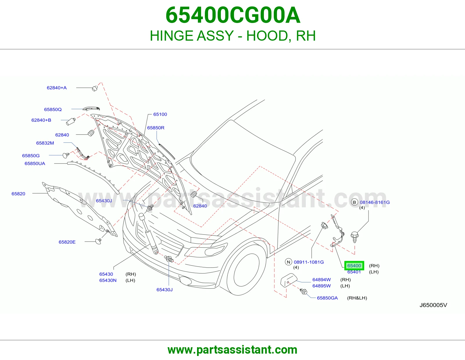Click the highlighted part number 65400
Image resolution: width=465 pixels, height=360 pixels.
(354, 266)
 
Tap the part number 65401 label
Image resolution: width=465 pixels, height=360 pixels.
(354, 272)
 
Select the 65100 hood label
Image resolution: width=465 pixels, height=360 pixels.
(160, 114)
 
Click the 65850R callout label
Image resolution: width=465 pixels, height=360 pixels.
(156, 128)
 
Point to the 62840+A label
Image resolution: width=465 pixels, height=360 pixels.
(57, 88)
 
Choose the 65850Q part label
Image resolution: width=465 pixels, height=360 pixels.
(53, 109)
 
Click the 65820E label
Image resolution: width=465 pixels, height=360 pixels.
(67, 242)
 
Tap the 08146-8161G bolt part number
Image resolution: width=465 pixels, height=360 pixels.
(375, 202)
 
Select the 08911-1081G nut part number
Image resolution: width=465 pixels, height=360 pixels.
(309, 262)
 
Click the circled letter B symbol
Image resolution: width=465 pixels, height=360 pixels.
(355, 202)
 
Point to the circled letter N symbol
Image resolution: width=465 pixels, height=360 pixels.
(289, 262)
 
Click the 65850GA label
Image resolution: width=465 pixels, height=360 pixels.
(328, 298)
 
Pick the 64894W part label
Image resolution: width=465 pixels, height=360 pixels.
(322, 280)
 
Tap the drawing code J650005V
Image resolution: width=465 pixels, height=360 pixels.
(433, 305)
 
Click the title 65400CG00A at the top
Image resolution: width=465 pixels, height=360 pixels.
(233, 15)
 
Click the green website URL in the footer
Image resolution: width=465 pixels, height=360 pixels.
(233, 350)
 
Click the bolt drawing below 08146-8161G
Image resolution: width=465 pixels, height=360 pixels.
(355, 237)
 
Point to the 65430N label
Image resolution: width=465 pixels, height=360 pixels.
(108, 280)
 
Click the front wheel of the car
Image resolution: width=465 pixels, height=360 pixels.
(246, 270)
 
